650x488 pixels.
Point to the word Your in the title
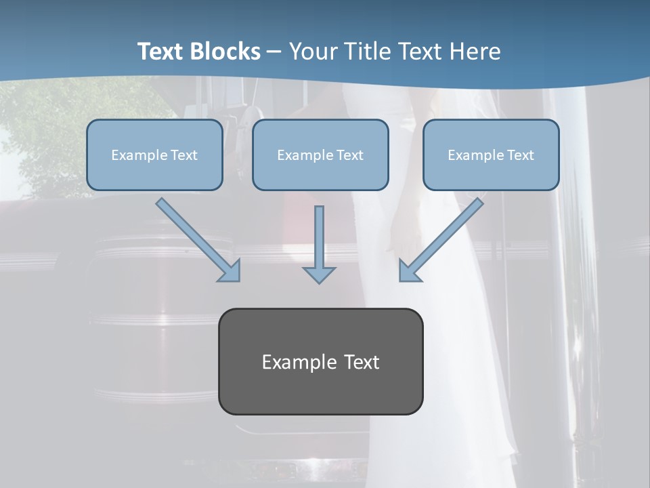pyautogui.click(x=313, y=52)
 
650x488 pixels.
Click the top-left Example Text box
pyautogui.click(x=154, y=155)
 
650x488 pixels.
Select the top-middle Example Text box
pyautogui.click(x=320, y=155)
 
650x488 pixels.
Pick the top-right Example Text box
pyautogui.click(x=491, y=155)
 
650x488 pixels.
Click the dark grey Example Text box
pyautogui.click(x=320, y=361)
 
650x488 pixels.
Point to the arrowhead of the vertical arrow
pyautogui.click(x=319, y=274)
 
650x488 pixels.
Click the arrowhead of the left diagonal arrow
pyautogui.click(x=230, y=270)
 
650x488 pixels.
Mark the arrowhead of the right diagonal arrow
pyautogui.click(x=409, y=270)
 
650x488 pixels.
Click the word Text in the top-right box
pyautogui.click(x=520, y=155)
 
